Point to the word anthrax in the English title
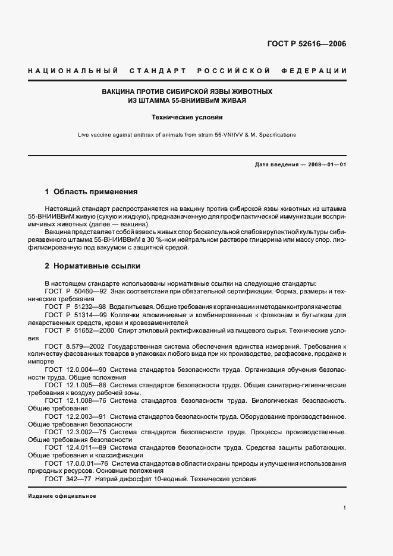pyautogui.click(x=143, y=135)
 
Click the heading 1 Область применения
pyautogui.click(x=91, y=192)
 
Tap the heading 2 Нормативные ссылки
pyautogui.click(x=93, y=266)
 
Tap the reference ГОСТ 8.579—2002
pyautogui.click(x=74, y=345)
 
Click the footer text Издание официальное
pyautogui.click(x=62, y=496)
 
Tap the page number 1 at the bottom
pyautogui.click(x=344, y=508)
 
